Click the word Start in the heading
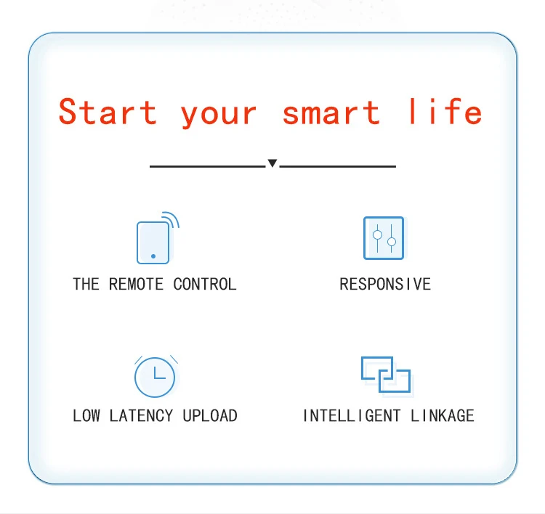pyautogui.click(x=108, y=112)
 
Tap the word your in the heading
pyautogui.click(x=219, y=113)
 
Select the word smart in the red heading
pyautogui.click(x=331, y=112)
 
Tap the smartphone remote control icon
pyautogui.click(x=153, y=242)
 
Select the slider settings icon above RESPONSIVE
pyautogui.click(x=384, y=237)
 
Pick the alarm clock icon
pyautogui.click(x=155, y=376)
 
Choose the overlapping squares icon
pyautogui.click(x=386, y=375)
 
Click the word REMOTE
pyautogui.click(x=136, y=284)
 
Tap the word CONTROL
pyautogui.click(x=205, y=284)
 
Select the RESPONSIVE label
pyautogui.click(x=385, y=284)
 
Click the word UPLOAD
pyautogui.click(x=210, y=416)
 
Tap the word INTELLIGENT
pyautogui.click(x=352, y=416)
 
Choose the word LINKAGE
pyautogui.click(x=443, y=416)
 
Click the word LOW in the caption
pyautogui.click(x=86, y=416)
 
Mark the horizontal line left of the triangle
pyautogui.click(x=207, y=166)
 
